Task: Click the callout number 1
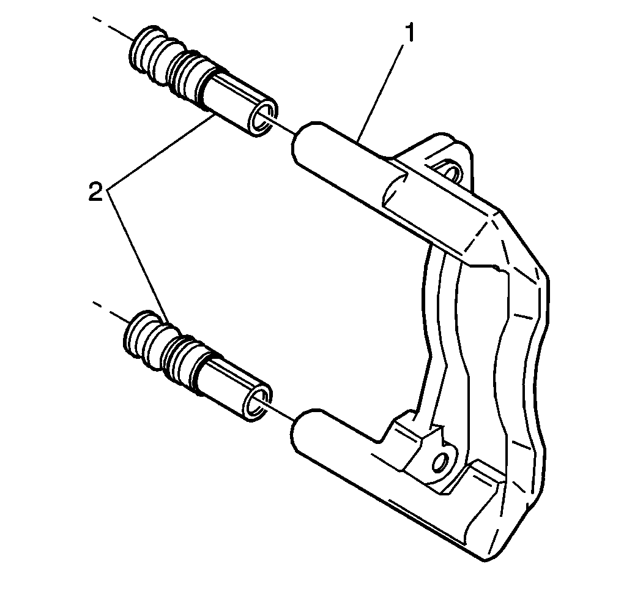[409, 34]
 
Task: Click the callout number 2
[95, 192]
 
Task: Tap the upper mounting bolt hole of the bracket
[450, 173]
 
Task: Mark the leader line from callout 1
[380, 92]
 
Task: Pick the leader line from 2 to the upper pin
[160, 152]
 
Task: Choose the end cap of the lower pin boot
[138, 337]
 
